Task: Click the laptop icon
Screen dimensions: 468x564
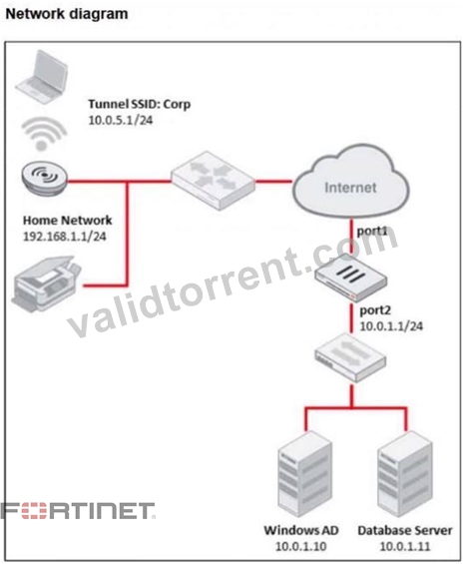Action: [42, 76]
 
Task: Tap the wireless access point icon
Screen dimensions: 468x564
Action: [44, 178]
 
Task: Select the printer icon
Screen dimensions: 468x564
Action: [47, 283]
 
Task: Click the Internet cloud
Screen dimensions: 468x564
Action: [351, 182]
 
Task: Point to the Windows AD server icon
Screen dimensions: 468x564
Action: [304, 474]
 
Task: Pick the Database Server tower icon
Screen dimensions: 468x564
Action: [405, 474]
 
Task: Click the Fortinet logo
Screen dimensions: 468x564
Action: [78, 511]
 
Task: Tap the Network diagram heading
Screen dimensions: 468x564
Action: [67, 14]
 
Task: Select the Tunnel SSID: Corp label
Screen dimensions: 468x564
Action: [140, 104]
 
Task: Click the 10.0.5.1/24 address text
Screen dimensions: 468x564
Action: [121, 120]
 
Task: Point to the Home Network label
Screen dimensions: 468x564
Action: [68, 221]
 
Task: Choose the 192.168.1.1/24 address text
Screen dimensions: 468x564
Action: [65, 237]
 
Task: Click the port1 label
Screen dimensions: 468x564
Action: [371, 231]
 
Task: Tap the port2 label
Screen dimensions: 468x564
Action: [375, 310]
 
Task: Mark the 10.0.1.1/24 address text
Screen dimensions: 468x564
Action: [391, 326]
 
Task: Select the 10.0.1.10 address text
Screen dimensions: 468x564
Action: [301, 546]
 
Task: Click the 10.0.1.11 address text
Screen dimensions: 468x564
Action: [405, 546]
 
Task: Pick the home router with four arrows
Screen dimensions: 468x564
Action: [213, 181]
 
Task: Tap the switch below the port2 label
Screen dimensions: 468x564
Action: [350, 357]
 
